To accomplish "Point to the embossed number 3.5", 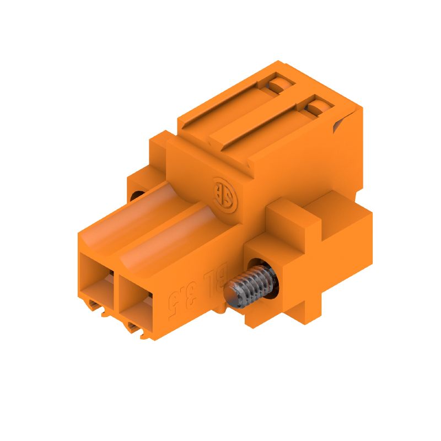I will pos(185,298).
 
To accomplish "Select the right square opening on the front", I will pos(135,300).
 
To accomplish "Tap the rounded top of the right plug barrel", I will pos(168,237).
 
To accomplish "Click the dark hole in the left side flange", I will pos(137,196).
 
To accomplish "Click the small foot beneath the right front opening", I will pos(138,330).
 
